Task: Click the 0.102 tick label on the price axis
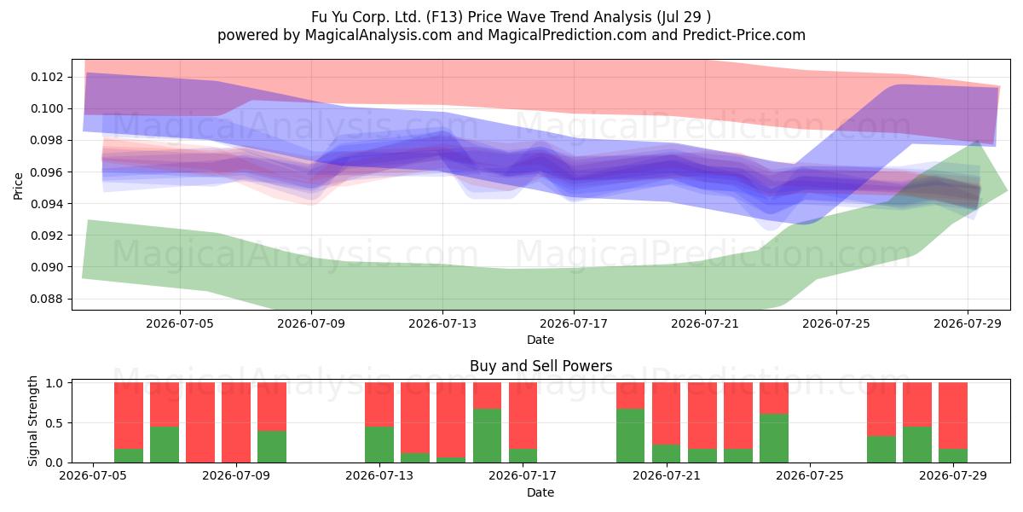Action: (47, 77)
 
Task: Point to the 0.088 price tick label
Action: (47, 299)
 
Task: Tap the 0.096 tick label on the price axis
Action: (47, 172)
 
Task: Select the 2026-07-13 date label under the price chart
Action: (442, 323)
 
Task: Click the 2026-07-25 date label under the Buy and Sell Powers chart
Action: (810, 475)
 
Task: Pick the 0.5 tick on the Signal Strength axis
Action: (55, 423)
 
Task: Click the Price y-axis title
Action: (18, 186)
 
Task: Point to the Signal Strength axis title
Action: (32, 421)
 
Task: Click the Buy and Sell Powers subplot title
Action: (540, 366)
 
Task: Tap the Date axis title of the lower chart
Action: (540, 492)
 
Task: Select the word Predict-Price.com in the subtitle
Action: (744, 35)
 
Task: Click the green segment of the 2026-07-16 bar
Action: (487, 436)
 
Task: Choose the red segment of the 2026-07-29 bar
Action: (953, 416)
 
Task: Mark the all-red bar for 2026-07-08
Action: (200, 422)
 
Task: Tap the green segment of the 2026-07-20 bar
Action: (630, 436)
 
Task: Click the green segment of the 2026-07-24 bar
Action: (774, 438)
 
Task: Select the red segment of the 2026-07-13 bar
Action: (379, 404)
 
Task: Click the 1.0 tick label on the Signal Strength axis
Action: (55, 383)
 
